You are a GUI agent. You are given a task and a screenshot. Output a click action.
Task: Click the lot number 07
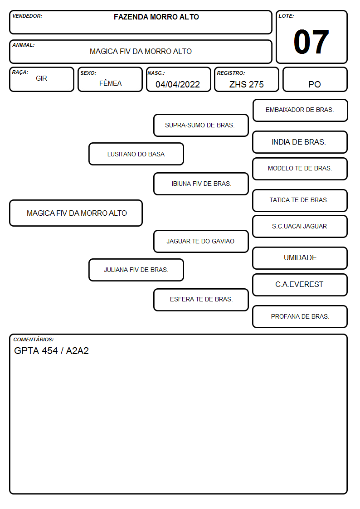pos(311,42)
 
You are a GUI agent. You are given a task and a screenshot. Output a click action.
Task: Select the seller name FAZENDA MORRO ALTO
pos(156,17)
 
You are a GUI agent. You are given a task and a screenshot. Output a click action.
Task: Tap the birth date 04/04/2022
pos(178,84)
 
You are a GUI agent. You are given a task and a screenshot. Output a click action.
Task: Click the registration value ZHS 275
pos(246,84)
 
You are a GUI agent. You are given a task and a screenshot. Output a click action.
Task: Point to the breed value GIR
pos(41,78)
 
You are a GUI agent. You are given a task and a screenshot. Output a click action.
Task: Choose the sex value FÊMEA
pos(110,83)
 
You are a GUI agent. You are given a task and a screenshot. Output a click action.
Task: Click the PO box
pos(315,79)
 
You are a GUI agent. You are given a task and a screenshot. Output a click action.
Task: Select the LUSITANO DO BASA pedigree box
pos(136,154)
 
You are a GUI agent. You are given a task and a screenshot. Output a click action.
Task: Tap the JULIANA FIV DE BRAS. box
pos(136,270)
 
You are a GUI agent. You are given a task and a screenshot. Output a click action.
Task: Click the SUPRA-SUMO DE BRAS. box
pos(201,125)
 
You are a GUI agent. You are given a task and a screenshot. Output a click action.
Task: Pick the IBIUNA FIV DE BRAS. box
pos(201,184)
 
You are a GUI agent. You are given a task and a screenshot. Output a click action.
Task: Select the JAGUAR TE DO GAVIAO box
pos(201,241)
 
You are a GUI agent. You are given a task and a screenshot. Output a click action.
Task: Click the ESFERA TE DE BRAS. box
pos(201,300)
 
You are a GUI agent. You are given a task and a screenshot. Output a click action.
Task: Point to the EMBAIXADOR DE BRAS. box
pos(300,111)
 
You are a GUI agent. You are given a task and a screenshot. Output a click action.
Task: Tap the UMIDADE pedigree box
pos(300,258)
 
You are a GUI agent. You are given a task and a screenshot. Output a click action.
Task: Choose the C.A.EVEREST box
pos(300,285)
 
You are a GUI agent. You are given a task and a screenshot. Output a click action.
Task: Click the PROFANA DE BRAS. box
pos(300,316)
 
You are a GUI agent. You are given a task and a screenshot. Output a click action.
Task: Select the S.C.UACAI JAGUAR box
pos(300,226)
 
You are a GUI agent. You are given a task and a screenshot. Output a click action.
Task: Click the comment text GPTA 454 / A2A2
pos(51,350)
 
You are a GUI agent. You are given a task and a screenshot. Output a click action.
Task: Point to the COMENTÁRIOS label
pos(34,339)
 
